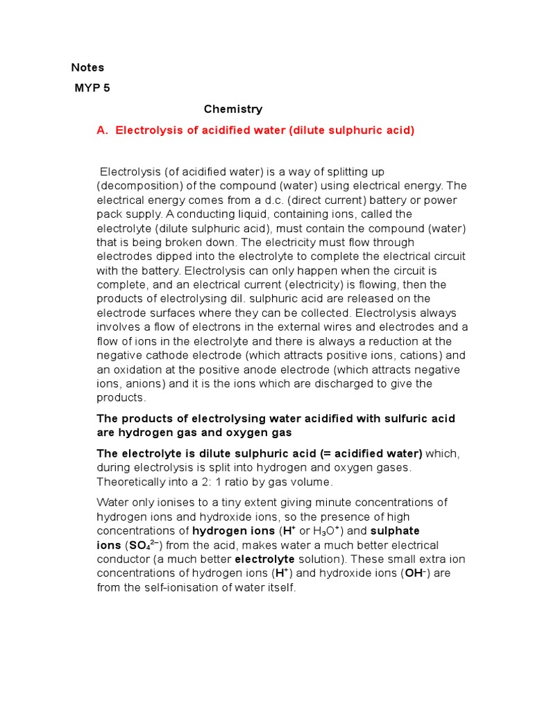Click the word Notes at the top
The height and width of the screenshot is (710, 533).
(x=87, y=67)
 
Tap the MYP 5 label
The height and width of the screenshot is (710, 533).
(x=92, y=88)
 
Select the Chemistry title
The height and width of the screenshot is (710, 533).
(x=233, y=109)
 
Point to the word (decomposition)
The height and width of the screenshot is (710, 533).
(x=133, y=186)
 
